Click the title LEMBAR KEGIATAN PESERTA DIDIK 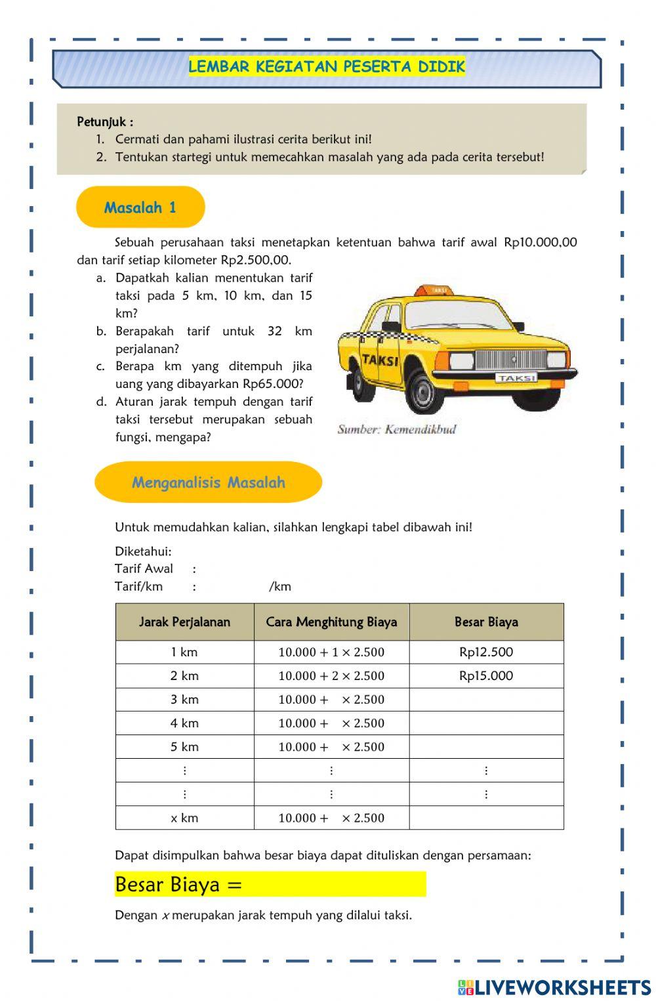327,66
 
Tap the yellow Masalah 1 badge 140,207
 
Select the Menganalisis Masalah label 209,482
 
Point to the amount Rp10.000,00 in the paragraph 540,242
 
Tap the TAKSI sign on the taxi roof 438,289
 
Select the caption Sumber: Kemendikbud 396,429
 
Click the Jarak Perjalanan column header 184,622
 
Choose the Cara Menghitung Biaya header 331,622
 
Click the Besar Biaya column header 486,622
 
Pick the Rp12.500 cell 486,652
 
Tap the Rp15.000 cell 486,675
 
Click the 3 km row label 184,699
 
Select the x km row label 184,818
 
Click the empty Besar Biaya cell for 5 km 486,747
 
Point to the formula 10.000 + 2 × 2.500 331,675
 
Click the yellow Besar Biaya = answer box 270,884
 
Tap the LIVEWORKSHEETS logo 554,987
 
